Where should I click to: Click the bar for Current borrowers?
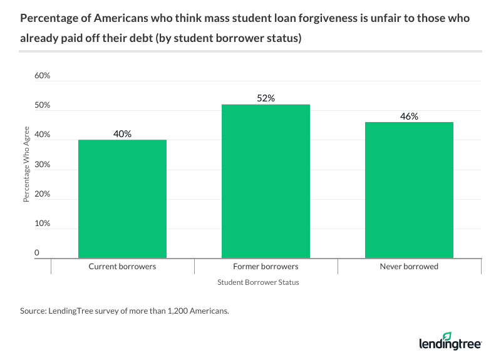click(x=122, y=198)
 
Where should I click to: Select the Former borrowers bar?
click(x=266, y=181)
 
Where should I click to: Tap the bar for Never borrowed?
click(x=409, y=190)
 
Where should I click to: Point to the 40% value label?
click(x=122, y=133)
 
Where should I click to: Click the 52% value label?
click(x=266, y=98)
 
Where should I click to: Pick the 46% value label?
click(x=409, y=116)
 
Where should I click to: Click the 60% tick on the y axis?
click(x=42, y=76)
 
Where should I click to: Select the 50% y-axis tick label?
click(x=42, y=106)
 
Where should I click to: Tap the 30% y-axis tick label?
click(x=42, y=165)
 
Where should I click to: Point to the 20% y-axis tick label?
click(x=42, y=194)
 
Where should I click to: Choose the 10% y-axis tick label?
click(x=42, y=224)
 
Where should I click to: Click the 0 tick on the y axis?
click(x=37, y=253)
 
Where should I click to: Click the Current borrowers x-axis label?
click(x=122, y=266)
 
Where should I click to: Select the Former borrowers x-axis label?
click(x=266, y=266)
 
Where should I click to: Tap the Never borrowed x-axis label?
click(x=409, y=266)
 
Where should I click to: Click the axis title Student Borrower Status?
click(x=258, y=282)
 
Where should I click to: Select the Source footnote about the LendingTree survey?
click(x=125, y=311)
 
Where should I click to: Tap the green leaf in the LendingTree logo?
click(x=465, y=336)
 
